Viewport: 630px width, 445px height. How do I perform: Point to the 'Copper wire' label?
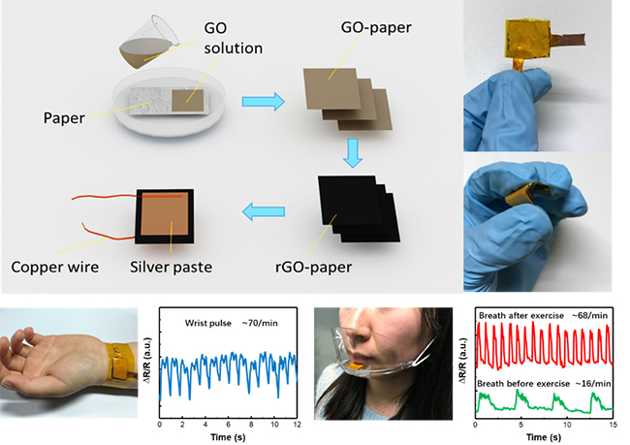pos(54,263)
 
